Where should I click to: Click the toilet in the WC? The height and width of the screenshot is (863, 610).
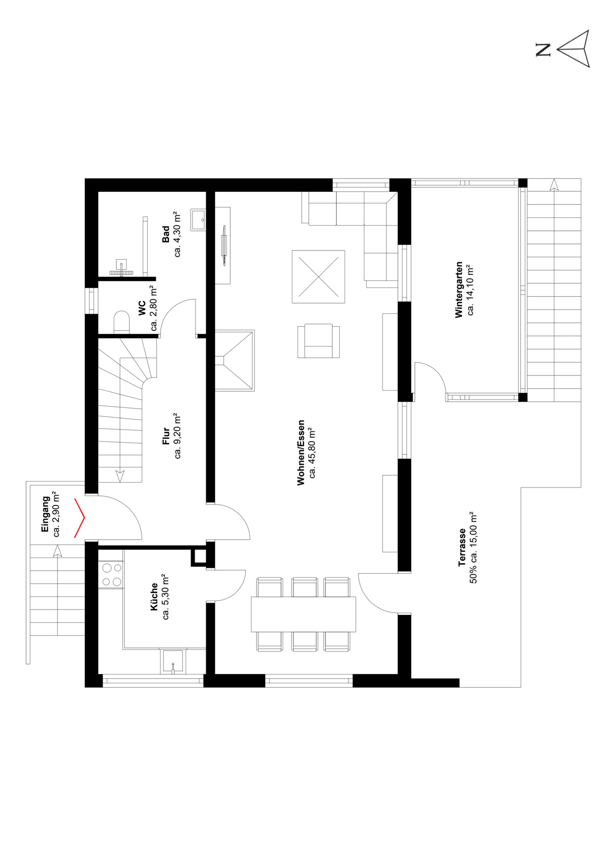tap(121, 322)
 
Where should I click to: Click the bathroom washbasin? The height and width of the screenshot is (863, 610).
tap(198, 220)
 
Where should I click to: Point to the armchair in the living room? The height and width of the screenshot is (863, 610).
tap(319, 340)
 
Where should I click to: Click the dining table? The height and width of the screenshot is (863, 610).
tap(303, 614)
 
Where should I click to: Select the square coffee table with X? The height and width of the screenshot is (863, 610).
tap(319, 277)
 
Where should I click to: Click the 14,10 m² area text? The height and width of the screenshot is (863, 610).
tap(471, 289)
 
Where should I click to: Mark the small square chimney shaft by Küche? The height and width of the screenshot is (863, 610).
tap(199, 556)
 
